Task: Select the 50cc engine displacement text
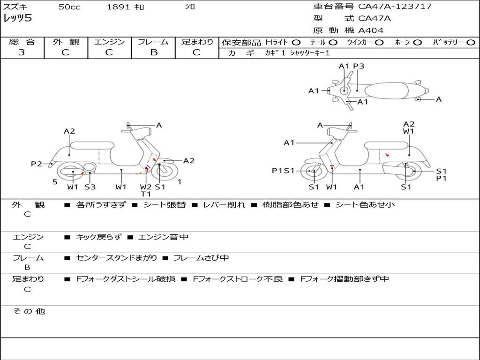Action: click(x=69, y=7)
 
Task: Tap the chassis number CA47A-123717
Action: click(x=395, y=7)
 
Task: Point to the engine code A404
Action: click(x=371, y=30)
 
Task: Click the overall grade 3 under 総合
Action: click(x=22, y=52)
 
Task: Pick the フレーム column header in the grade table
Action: click(x=153, y=42)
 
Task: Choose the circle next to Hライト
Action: click(x=296, y=42)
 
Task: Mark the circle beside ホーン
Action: click(x=417, y=42)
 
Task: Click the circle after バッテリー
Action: click(x=471, y=42)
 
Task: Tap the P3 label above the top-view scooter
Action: click(x=359, y=66)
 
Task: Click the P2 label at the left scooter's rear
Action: click(x=37, y=164)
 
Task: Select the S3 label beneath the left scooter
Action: click(x=90, y=187)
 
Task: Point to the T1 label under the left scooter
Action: click(x=146, y=194)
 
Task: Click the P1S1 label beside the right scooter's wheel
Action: click(x=283, y=171)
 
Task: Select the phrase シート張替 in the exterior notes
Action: click(x=164, y=205)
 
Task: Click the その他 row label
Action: click(x=29, y=311)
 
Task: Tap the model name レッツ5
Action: click(x=17, y=19)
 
